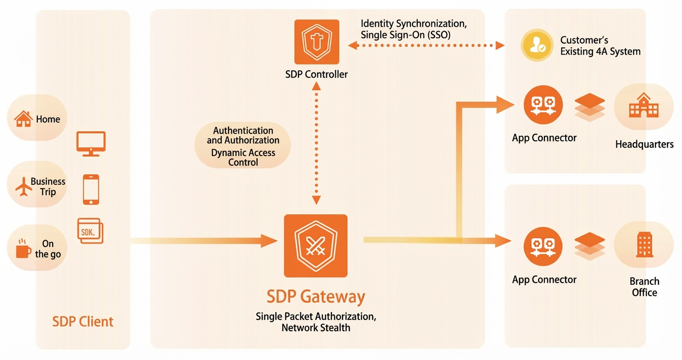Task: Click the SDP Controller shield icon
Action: pyautogui.click(x=317, y=42)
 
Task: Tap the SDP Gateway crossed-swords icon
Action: pyautogui.click(x=316, y=246)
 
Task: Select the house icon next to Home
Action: pyautogui.click(x=23, y=119)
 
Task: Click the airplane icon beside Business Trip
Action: pyautogui.click(x=23, y=187)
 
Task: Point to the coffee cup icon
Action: pyautogui.click(x=23, y=248)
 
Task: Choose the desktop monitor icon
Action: pyautogui.click(x=91, y=144)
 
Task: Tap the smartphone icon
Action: pyautogui.click(x=91, y=189)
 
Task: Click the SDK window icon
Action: pyautogui.click(x=91, y=231)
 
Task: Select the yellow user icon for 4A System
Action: pyautogui.click(x=537, y=45)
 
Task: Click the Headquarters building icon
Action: pyautogui.click(x=644, y=105)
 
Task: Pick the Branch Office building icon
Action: pyautogui.click(x=645, y=245)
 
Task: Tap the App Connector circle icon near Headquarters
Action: pyautogui.click(x=543, y=105)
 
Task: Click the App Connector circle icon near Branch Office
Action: pyautogui.click(x=543, y=247)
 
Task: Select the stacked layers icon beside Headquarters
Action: pyautogui.click(x=590, y=107)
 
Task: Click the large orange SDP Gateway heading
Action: pyautogui.click(x=316, y=297)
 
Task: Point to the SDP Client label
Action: pyautogui.click(x=82, y=322)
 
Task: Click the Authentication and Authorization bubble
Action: pyautogui.click(x=243, y=146)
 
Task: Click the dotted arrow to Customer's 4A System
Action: pyautogui.click(x=426, y=45)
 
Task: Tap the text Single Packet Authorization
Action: pyautogui.click(x=316, y=317)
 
